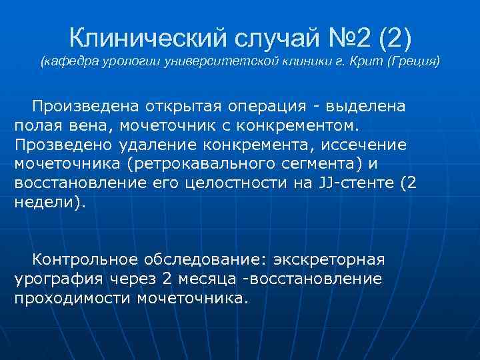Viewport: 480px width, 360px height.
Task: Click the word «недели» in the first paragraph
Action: tap(47, 204)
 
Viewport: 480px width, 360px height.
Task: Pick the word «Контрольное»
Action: tap(85, 258)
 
